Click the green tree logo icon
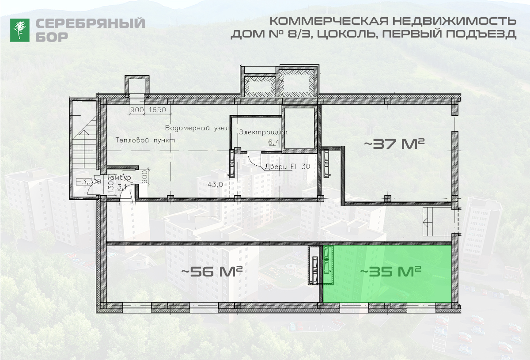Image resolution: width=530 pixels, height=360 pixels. click(20, 30)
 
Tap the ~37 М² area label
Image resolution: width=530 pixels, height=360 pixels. click(394, 144)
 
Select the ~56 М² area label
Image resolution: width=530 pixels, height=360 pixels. click(213, 271)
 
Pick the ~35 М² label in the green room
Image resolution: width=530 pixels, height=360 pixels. click(390, 271)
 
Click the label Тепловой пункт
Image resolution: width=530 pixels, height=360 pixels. click(145, 140)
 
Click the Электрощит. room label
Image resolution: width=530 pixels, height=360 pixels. click(264, 132)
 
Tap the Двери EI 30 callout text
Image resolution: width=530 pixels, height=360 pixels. click(288, 167)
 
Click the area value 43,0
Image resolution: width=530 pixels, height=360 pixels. click(215, 185)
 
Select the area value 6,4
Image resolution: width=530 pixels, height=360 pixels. click(274, 142)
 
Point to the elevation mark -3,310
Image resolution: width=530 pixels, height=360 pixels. click(88, 181)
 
